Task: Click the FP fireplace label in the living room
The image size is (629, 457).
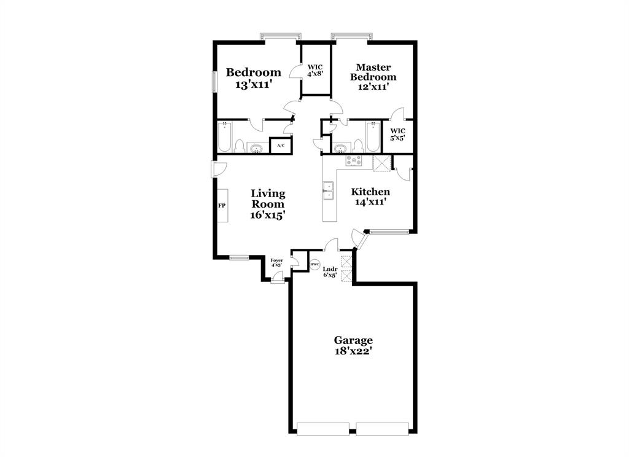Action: click(x=222, y=206)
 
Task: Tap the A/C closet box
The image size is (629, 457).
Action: click(x=281, y=146)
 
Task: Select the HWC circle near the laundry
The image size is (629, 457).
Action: click(x=314, y=264)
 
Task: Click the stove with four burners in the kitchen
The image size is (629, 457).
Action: click(x=354, y=162)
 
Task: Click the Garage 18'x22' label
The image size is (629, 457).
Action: click(x=353, y=345)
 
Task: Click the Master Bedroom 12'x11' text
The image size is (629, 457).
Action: click(x=373, y=77)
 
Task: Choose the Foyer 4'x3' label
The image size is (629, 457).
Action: click(x=277, y=263)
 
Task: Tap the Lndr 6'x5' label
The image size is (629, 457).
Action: click(x=330, y=271)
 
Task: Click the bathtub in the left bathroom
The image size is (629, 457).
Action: click(x=224, y=137)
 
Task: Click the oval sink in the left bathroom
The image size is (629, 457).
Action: click(x=256, y=148)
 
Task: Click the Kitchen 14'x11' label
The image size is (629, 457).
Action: click(x=370, y=197)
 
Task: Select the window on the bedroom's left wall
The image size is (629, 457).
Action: click(x=214, y=82)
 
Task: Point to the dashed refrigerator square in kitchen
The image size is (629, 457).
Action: click(x=382, y=163)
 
